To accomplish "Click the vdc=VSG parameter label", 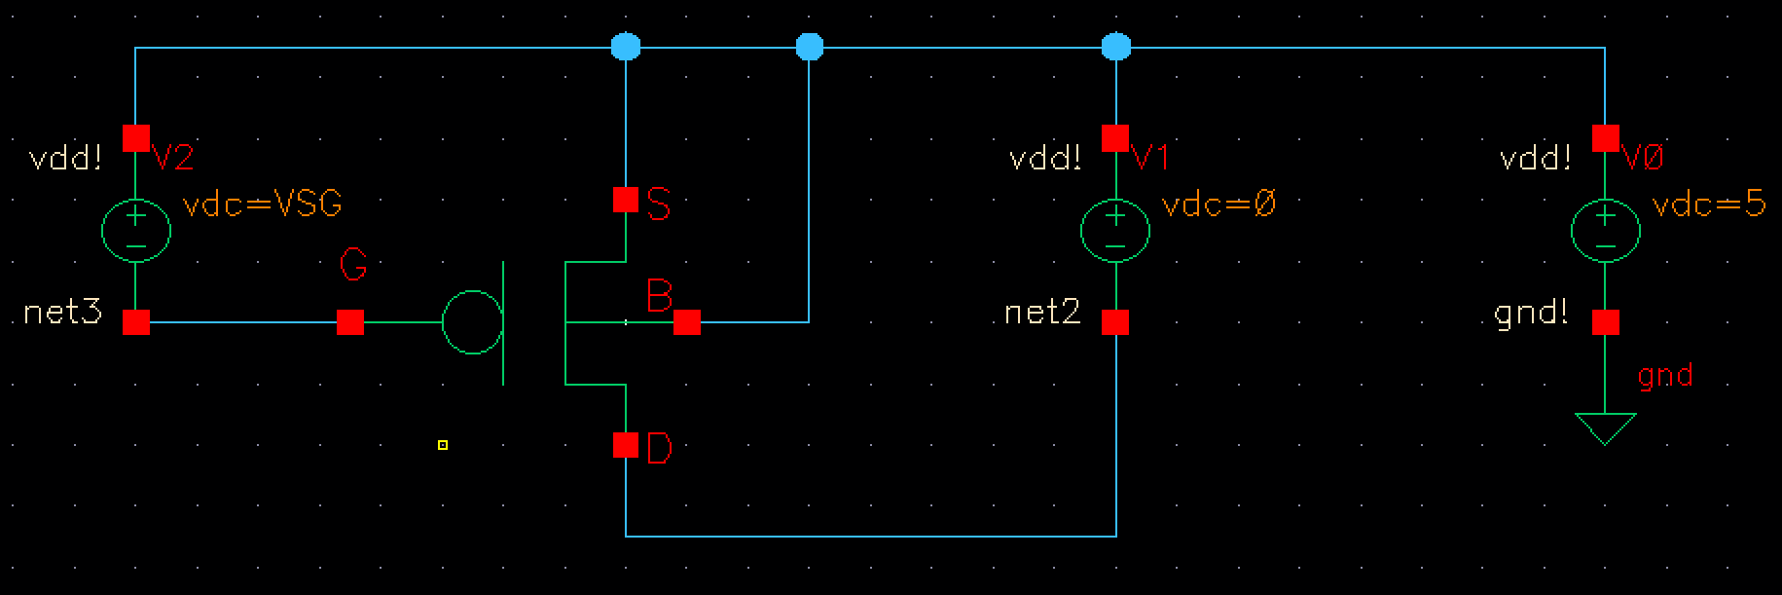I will (263, 205).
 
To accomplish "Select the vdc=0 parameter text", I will (1218, 205).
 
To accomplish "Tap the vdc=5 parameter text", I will (1709, 205).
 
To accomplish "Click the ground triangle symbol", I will (1605, 427).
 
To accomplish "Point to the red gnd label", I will (1665, 376).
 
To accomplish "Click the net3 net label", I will (63, 314).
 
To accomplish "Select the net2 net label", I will (1042, 314).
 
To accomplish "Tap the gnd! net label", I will (1531, 314).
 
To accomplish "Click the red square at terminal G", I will (350, 321).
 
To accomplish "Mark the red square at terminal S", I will (626, 201).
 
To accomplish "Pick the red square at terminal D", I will (626, 445).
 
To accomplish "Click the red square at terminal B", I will (687, 322).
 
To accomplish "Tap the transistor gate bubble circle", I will (472, 321).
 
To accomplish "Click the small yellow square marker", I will (443, 445).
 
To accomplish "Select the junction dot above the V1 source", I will (1115, 46).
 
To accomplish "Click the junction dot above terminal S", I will (626, 46).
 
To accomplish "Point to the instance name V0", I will (1644, 158).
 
